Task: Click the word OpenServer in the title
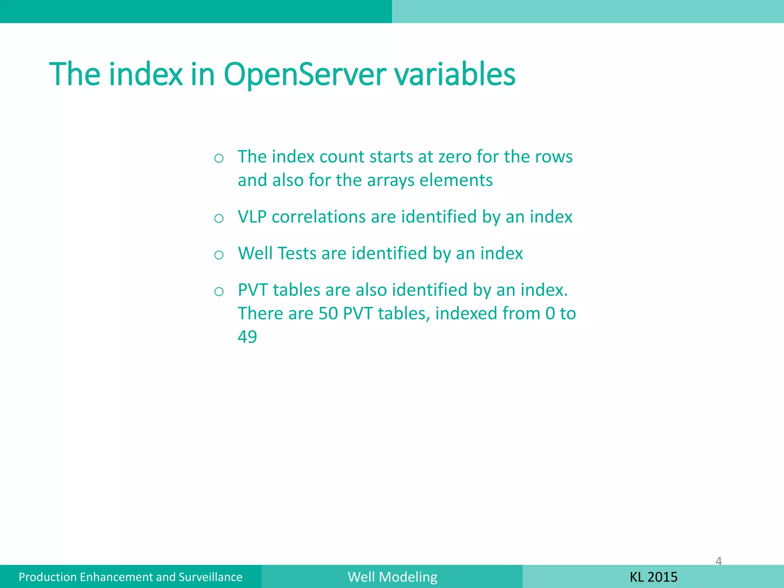tap(305, 75)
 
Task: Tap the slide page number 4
tap(719, 561)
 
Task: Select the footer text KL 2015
tap(653, 577)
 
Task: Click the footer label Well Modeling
tap(392, 577)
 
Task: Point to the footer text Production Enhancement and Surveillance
tap(131, 577)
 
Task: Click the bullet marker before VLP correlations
tap(219, 219)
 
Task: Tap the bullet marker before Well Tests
tap(219, 255)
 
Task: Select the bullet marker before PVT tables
tap(219, 292)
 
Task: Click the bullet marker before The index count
tap(219, 158)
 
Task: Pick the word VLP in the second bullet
tap(252, 217)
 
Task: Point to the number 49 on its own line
tap(247, 337)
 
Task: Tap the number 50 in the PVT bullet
tap(328, 314)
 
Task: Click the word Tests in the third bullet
tap(297, 253)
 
